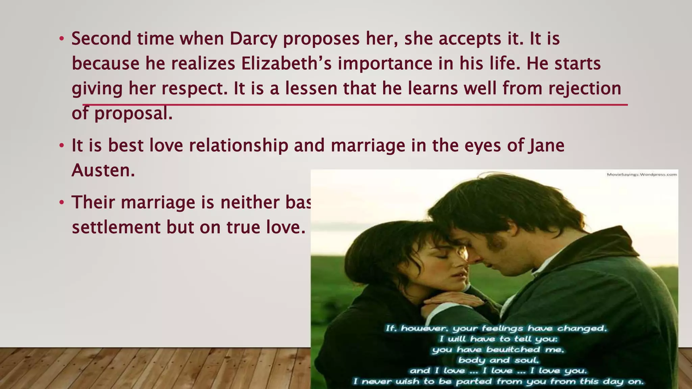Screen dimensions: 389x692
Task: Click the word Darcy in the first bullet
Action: [x=253, y=39]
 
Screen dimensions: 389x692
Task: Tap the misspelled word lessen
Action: [x=311, y=88]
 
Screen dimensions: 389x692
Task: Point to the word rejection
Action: [x=585, y=88]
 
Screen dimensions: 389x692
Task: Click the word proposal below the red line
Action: [x=133, y=113]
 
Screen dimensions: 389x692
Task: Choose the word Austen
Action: [x=103, y=170]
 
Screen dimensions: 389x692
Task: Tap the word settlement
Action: [x=116, y=227]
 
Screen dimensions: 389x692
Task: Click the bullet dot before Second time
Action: [x=61, y=39]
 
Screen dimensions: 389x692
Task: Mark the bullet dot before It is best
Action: [x=61, y=146]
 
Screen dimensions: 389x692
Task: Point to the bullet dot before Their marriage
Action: [x=61, y=202]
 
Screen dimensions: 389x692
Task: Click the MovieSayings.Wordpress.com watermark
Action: [x=642, y=175]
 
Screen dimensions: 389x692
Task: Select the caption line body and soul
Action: [x=498, y=360]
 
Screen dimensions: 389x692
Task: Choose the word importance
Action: [x=385, y=63]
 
